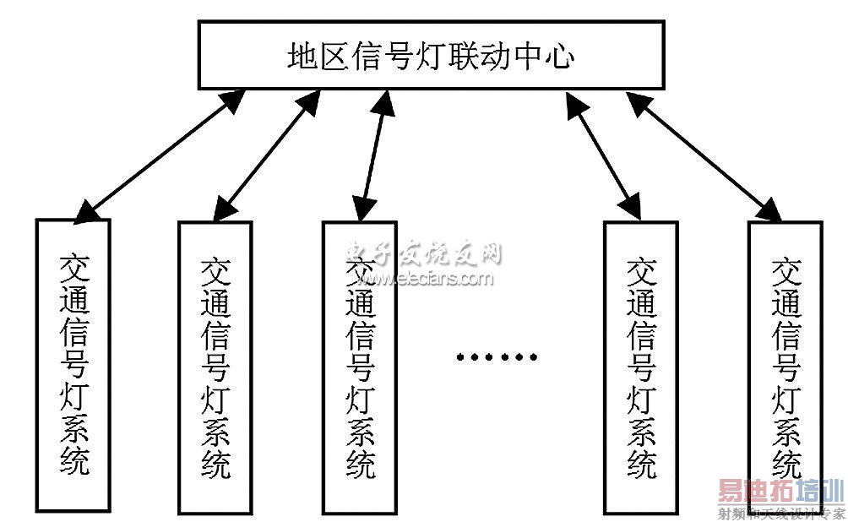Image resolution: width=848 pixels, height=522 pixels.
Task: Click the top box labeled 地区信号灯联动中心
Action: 431,56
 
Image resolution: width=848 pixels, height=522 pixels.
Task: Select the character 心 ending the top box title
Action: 560,57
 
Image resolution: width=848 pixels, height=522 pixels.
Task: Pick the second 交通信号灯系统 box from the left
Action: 215,367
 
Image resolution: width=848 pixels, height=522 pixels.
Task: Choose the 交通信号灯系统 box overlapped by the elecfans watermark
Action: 360,367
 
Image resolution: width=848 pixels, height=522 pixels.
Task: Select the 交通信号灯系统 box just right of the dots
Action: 640,367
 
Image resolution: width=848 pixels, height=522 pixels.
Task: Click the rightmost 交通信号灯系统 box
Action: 785,367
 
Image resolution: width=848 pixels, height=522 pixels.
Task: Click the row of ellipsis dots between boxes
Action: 497,356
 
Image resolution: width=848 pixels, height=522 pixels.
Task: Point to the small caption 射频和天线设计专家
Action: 780,514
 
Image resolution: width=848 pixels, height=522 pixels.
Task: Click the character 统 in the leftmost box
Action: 73,460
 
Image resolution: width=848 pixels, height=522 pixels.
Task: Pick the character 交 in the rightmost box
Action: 785,272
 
